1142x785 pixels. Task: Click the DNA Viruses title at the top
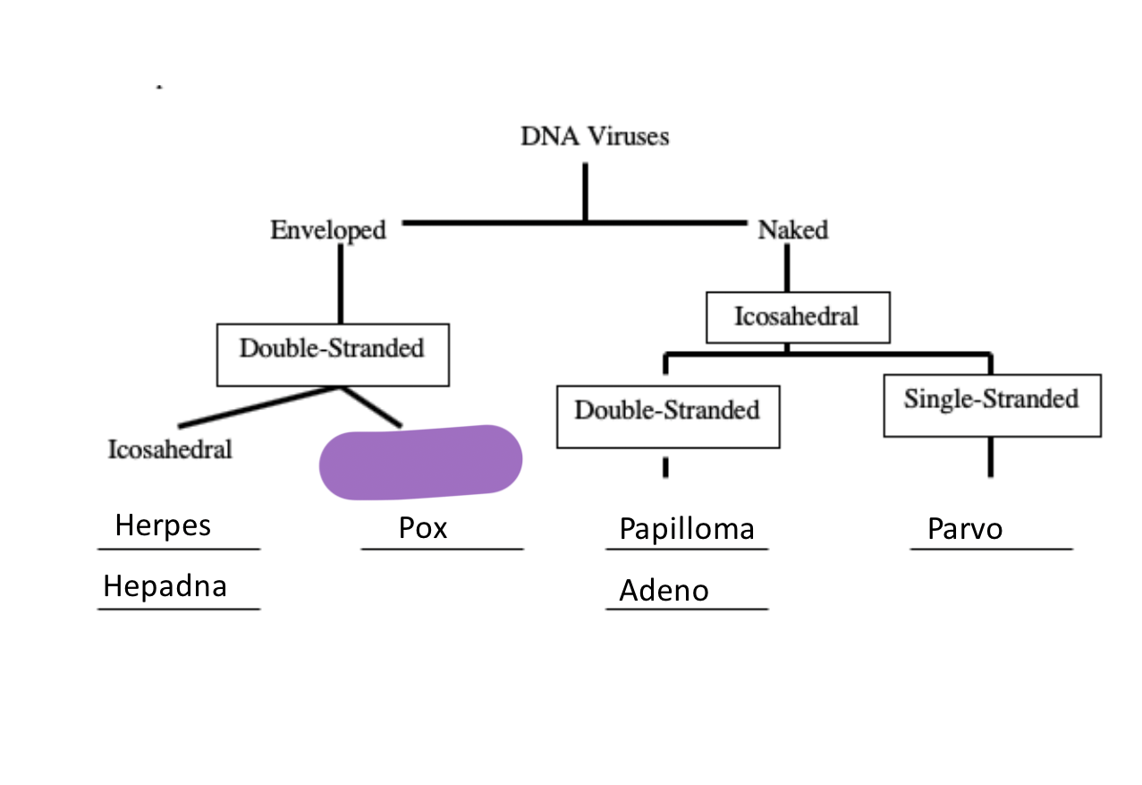595,137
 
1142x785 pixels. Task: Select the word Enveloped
328,231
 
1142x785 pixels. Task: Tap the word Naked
792,231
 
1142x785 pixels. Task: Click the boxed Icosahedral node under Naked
797,317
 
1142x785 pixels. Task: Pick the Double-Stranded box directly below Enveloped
332,349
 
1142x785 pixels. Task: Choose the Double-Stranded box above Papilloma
667,411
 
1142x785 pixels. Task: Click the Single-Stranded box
991,399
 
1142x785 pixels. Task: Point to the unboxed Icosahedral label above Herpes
170,449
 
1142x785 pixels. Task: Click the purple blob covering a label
420,462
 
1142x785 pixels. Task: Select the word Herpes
163,525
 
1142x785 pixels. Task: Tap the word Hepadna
165,586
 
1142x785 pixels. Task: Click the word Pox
423,528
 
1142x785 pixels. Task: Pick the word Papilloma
687,529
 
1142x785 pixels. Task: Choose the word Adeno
664,591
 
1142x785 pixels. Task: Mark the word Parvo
965,529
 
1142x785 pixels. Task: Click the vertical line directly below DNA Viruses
585,190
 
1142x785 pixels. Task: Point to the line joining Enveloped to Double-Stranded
341,285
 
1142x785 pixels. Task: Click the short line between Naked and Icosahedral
787,269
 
